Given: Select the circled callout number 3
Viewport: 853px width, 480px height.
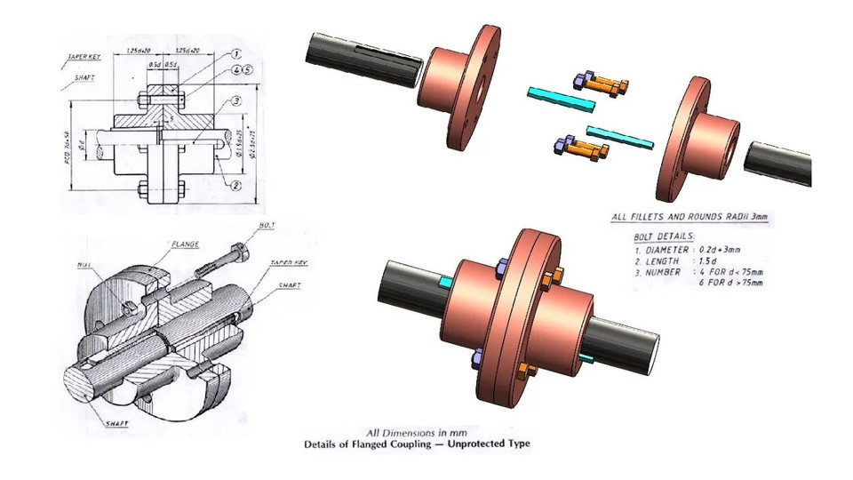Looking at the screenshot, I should coord(236,101).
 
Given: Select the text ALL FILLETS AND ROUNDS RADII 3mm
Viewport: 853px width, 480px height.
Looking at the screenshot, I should coord(690,217).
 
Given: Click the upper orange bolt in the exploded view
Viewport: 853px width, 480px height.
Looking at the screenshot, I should coord(606,84).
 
